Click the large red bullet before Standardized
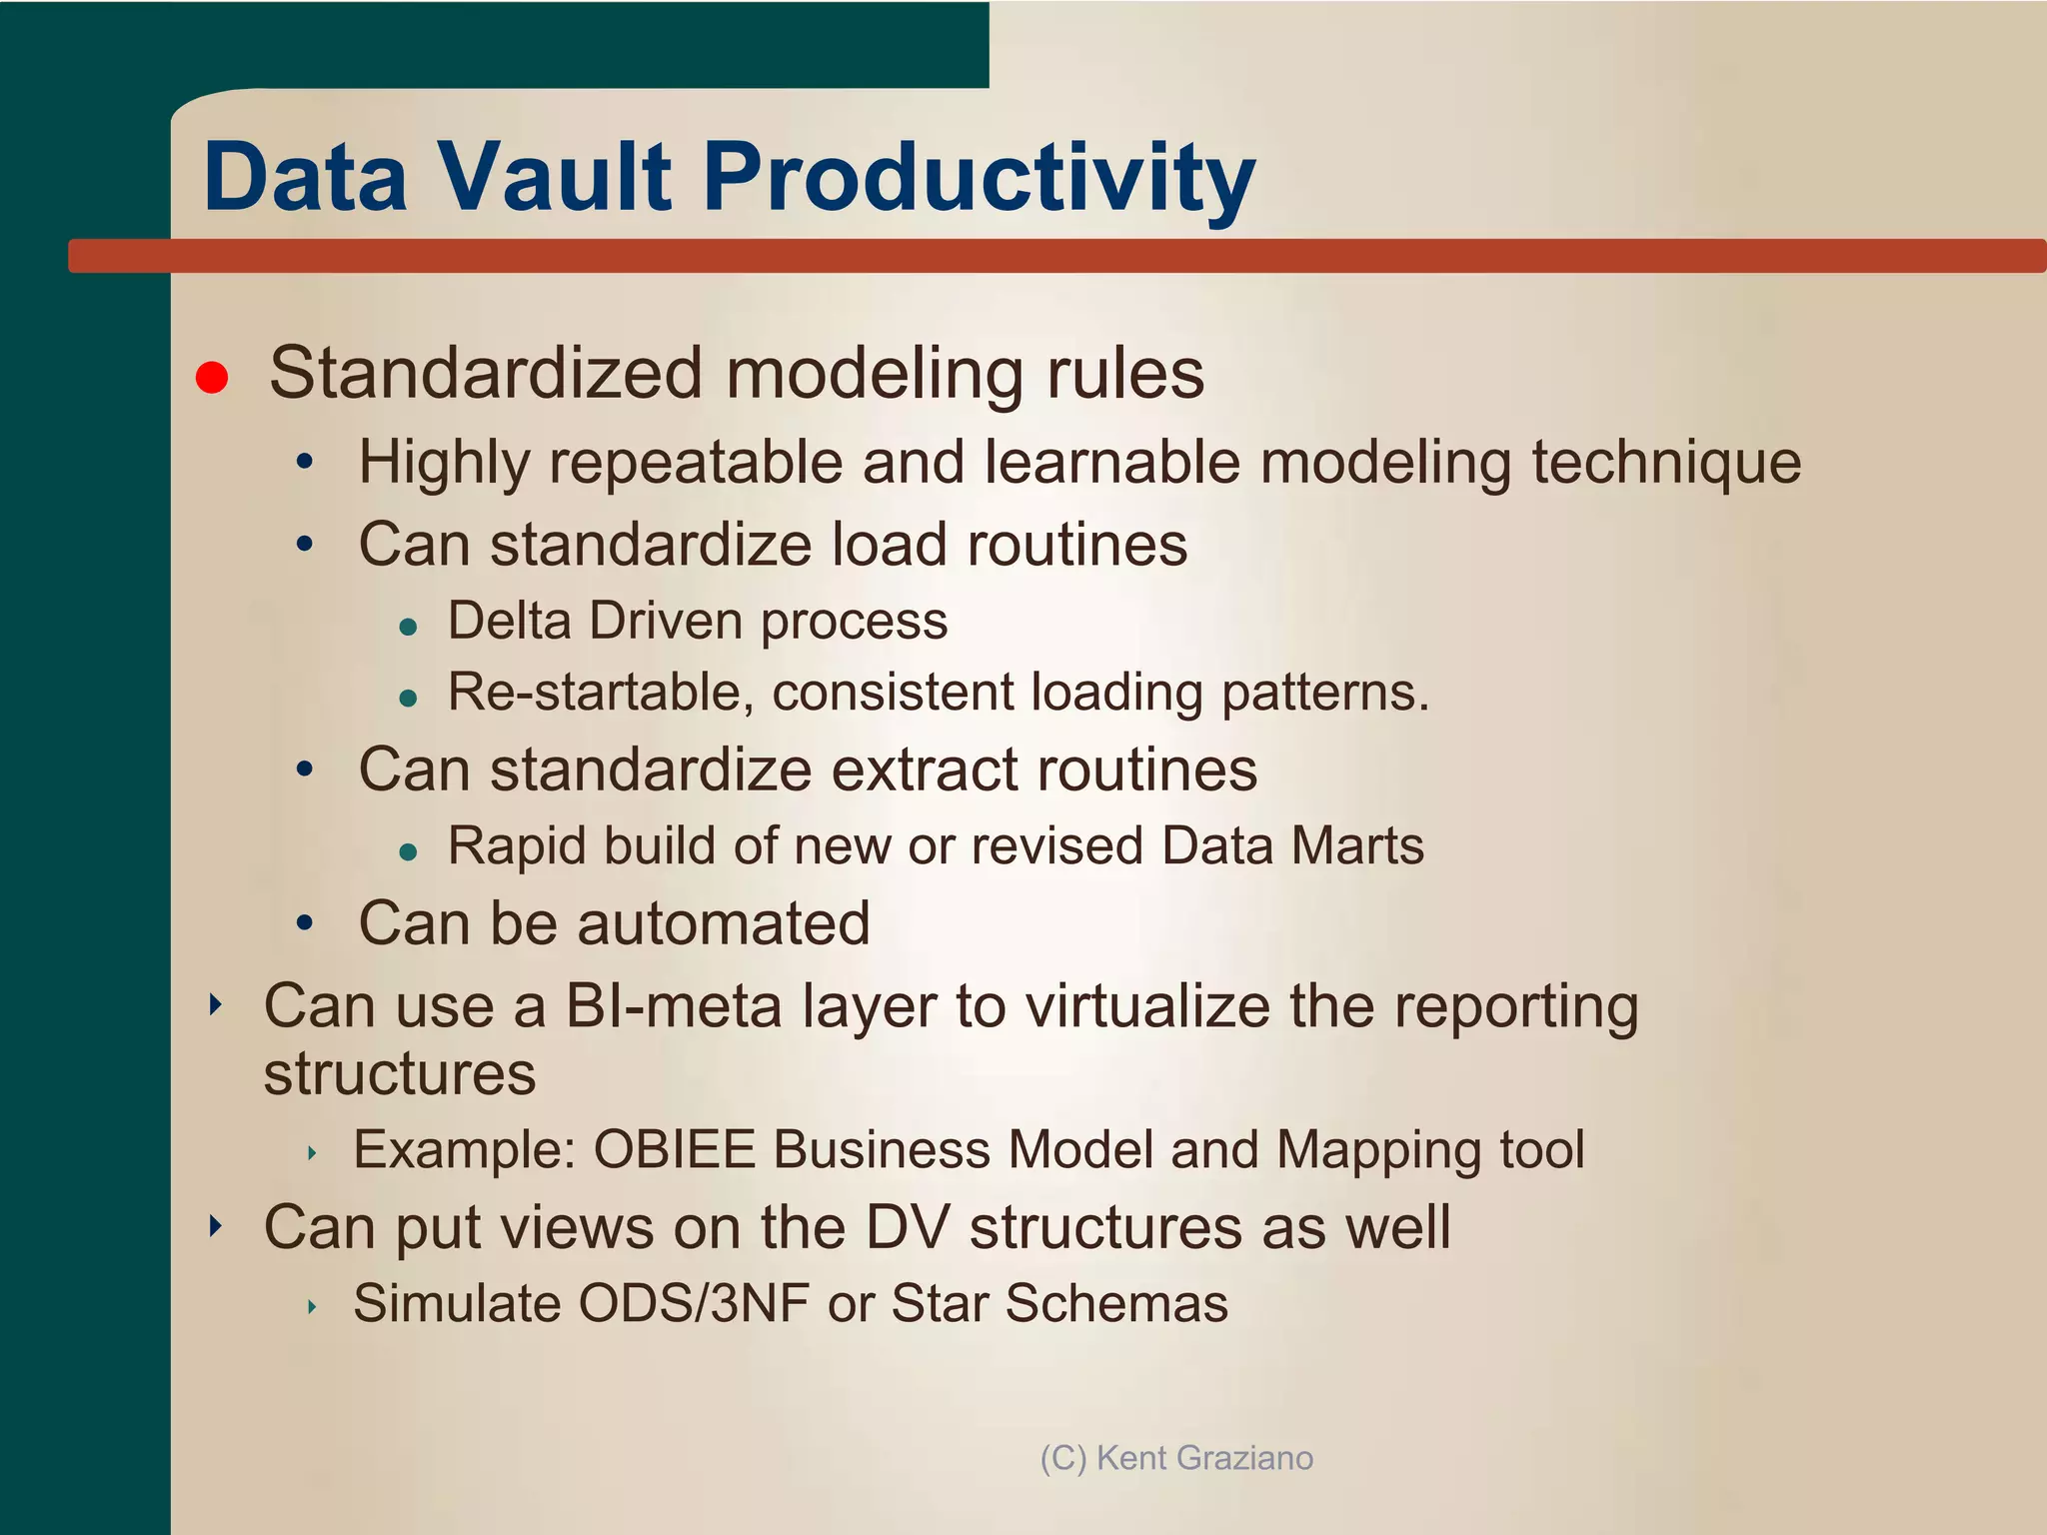click(x=212, y=378)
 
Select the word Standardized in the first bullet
click(x=486, y=373)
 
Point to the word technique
click(x=1666, y=464)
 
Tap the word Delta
click(x=509, y=621)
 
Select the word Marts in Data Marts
click(x=1356, y=845)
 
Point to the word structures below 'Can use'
click(x=400, y=1074)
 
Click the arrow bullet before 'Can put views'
click(x=215, y=1225)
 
